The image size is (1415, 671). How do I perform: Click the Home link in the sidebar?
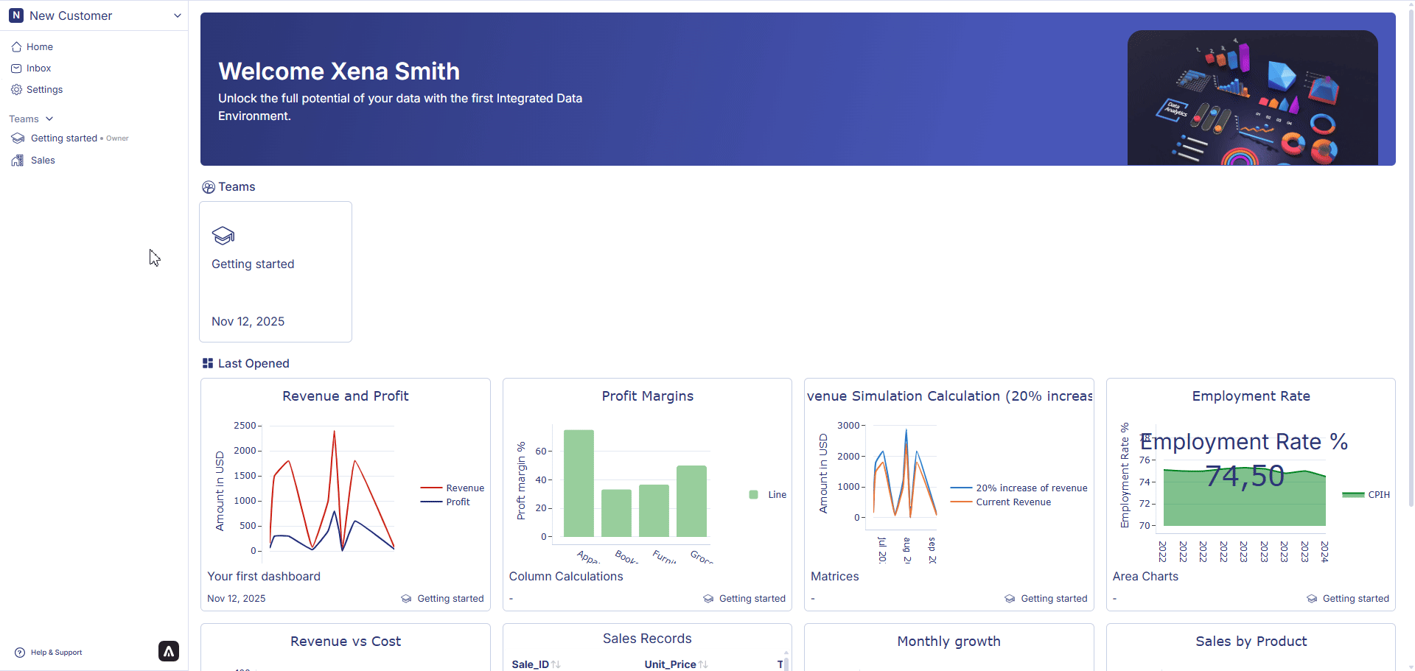[39, 47]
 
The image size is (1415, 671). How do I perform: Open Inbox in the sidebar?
[38, 68]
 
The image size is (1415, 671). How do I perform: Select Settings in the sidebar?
[44, 90]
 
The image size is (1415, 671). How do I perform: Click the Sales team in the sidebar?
[43, 161]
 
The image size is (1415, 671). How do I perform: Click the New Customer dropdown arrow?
[177, 15]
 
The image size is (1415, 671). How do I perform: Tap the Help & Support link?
[56, 653]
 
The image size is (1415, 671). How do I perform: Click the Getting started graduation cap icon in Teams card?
[223, 236]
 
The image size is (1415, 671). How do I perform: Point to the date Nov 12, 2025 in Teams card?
[248, 322]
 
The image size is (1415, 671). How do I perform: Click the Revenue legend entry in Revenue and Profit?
[464, 488]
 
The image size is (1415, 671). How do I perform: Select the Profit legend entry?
[457, 502]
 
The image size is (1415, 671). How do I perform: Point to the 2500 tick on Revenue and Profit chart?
[245, 426]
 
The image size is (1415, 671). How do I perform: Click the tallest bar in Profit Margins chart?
[579, 482]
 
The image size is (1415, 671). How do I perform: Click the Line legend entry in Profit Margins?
[776, 495]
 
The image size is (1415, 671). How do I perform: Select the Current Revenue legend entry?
[1013, 502]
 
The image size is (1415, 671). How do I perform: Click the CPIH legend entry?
[1378, 495]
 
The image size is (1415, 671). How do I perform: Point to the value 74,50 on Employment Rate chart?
[1245, 477]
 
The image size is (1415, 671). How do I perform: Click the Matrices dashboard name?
[834, 577]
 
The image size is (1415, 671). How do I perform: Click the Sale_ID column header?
[530, 664]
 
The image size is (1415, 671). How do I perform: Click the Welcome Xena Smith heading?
[339, 71]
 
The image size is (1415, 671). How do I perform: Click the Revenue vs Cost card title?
[345, 642]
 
